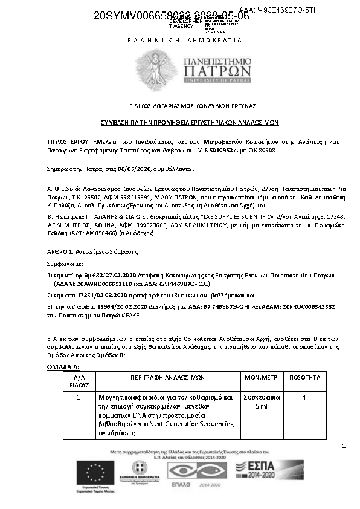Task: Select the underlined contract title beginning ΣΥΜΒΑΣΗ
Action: pyautogui.click(x=180, y=122)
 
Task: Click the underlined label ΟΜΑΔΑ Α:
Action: pyautogui.click(x=63, y=367)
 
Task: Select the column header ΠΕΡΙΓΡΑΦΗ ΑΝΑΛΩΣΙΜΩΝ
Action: pyautogui.click(x=167, y=377)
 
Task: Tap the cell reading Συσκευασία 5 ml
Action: pyautogui.click(x=261, y=401)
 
